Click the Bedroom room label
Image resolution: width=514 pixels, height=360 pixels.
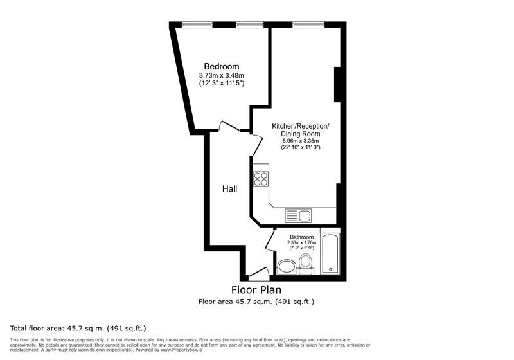[x=222, y=67]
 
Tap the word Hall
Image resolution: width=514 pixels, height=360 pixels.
[x=229, y=189]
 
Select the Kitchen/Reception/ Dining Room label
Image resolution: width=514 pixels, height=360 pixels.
[x=301, y=129]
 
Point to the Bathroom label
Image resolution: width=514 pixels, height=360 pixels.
[x=301, y=237]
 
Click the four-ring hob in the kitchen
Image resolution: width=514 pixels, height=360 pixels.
[x=261, y=178]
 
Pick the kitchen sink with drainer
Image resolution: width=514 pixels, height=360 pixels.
[x=298, y=215]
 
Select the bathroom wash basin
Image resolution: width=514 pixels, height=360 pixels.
[x=286, y=265]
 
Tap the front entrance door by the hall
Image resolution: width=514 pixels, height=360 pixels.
[x=259, y=273]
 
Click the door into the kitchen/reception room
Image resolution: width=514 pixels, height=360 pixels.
[x=256, y=144]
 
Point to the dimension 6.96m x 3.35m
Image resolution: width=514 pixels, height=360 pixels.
[x=301, y=141]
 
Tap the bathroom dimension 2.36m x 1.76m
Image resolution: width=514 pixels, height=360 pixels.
[x=301, y=242]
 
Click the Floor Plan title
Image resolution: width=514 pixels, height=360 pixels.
[x=256, y=290]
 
